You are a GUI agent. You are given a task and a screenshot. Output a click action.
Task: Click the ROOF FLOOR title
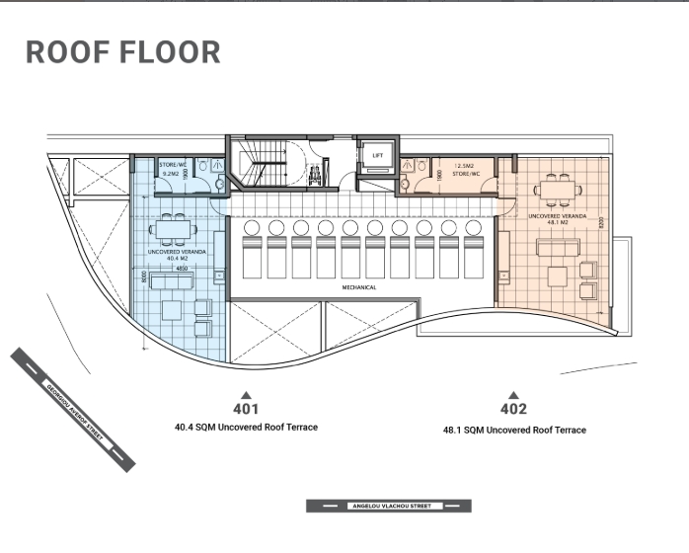pos(122,52)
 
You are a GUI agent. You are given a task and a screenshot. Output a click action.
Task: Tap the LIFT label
pos(376,156)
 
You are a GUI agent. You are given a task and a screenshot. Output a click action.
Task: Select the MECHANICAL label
pos(358,287)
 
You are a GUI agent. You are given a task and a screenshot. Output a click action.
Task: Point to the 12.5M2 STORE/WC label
pos(465,170)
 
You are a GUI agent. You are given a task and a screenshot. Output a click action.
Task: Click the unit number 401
pos(246,409)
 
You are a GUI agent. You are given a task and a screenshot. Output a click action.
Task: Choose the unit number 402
pos(513,409)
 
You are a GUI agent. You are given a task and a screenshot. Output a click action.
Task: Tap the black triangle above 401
pos(246,394)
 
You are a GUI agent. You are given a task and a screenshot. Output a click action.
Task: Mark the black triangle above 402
pos(513,394)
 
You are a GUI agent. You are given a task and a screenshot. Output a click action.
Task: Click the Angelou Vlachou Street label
pos(388,506)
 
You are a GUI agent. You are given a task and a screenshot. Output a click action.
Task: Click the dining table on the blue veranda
pos(173,231)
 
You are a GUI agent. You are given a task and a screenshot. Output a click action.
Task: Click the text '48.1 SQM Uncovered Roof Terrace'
pos(514,431)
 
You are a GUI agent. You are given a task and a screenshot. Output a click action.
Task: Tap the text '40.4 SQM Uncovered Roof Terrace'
pos(246,428)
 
